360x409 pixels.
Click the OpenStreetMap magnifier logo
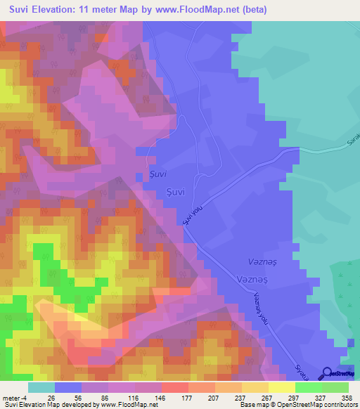(327, 373)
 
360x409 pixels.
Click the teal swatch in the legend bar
(41, 387)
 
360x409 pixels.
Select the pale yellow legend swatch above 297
(282, 387)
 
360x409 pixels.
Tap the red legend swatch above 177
(175, 387)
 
